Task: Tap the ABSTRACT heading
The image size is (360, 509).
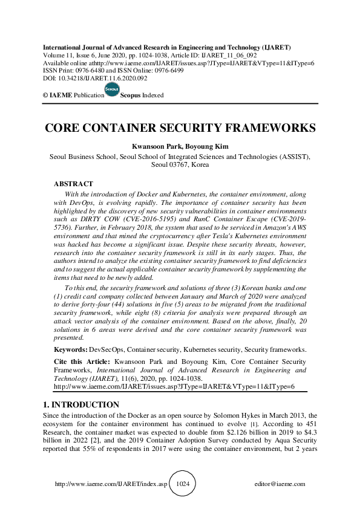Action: (73, 183)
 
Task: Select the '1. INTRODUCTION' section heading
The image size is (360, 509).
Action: (80, 404)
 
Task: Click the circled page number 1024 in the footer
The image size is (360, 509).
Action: (183, 484)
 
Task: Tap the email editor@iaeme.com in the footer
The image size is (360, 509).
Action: (280, 484)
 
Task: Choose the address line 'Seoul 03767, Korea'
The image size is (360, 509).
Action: (180, 164)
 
